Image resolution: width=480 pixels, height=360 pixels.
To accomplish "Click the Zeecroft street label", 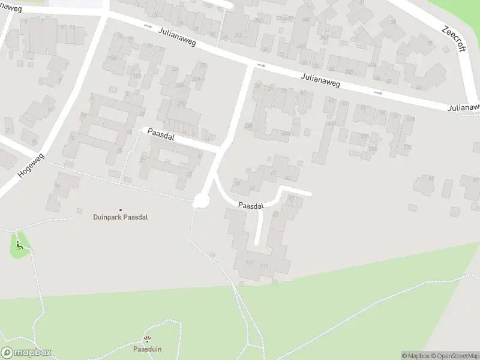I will pyautogui.click(x=454, y=38).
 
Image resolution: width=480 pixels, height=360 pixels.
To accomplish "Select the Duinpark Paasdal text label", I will pyautogui.click(x=120, y=217).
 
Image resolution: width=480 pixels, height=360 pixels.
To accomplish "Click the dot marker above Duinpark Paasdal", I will pyautogui.click(x=120, y=209).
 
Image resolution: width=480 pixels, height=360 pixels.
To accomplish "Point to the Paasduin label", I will pyautogui.click(x=147, y=349).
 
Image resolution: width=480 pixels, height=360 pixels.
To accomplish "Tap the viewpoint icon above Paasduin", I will pyautogui.click(x=147, y=340).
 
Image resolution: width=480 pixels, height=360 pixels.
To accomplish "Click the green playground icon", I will pyautogui.click(x=20, y=245).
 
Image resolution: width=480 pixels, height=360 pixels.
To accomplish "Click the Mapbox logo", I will pyautogui.click(x=26, y=353).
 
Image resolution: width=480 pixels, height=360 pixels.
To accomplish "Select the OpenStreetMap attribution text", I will pyautogui.click(x=455, y=356).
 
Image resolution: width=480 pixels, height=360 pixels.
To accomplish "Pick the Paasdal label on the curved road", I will pyautogui.click(x=250, y=206).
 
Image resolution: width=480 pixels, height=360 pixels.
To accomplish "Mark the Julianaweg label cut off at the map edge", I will pyautogui.click(x=464, y=108).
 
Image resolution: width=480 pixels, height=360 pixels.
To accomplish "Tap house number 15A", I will pyautogui.click(x=111, y=58).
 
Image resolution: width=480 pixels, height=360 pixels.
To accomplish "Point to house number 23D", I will pyautogui.click(x=180, y=103).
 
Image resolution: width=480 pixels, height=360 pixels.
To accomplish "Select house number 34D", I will pyautogui.click(x=306, y=19).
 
